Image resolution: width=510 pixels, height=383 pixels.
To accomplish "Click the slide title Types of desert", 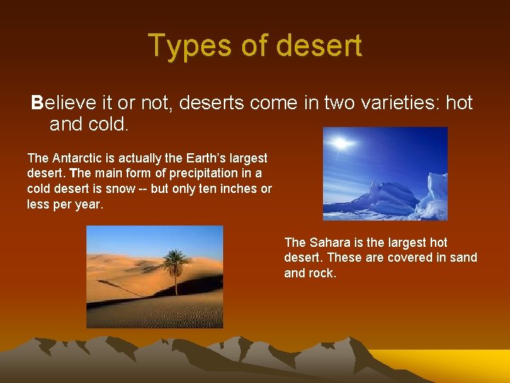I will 255,45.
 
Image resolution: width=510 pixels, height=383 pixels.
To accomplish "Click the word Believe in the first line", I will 59,103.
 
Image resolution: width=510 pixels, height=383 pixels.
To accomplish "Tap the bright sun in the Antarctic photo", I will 342,144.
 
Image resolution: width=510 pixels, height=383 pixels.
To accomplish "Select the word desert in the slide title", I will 319,45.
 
